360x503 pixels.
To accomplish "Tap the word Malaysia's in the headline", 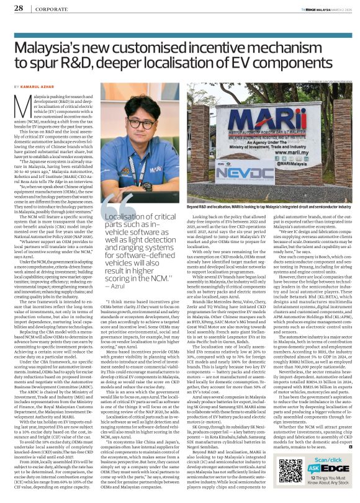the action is [x=55, y=48].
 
